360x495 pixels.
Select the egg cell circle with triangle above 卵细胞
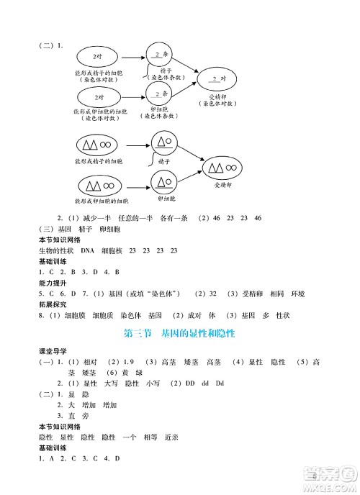click(x=163, y=179)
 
